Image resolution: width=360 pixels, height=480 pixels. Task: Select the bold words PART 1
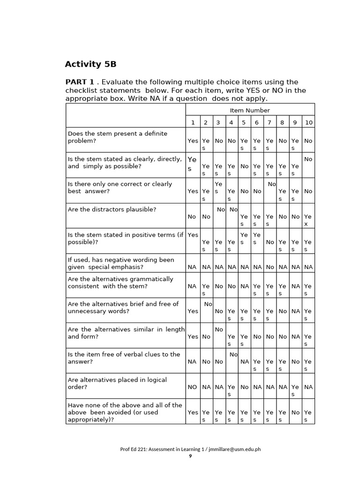[x=79, y=82]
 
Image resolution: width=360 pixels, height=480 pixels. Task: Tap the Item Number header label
[x=250, y=110]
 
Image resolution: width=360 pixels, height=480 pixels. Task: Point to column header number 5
[x=244, y=122]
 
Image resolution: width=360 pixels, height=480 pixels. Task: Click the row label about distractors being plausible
[x=112, y=209]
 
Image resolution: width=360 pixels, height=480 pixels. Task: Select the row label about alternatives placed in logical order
[x=117, y=383]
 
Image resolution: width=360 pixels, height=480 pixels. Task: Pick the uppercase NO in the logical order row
[x=192, y=387]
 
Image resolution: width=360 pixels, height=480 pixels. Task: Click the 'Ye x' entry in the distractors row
[x=307, y=220]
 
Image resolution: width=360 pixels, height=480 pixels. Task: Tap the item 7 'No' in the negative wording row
[x=270, y=267]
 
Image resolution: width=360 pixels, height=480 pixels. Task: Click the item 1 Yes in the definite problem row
[x=193, y=141]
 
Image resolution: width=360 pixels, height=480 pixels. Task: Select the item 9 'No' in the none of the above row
[x=295, y=412]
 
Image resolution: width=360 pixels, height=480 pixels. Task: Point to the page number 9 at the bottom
[x=190, y=456]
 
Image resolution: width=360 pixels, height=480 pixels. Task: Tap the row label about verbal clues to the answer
[x=124, y=358]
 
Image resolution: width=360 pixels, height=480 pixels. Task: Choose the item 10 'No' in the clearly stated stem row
[x=308, y=159]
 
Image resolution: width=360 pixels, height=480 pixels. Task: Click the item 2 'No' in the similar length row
[x=206, y=337]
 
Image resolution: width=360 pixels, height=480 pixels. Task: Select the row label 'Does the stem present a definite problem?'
[x=117, y=137]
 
